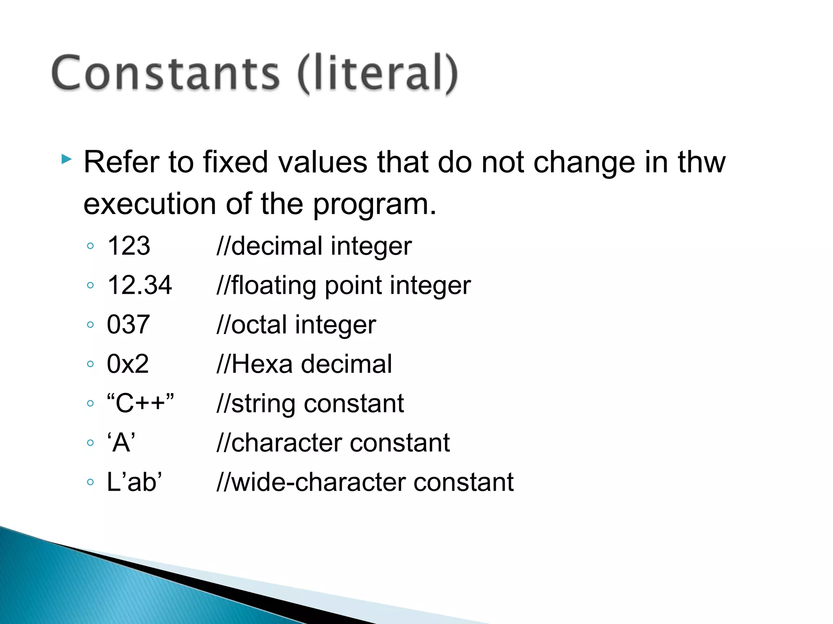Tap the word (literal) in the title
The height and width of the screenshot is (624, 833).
point(377,74)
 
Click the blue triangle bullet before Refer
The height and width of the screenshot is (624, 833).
point(66,159)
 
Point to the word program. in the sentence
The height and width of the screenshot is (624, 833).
point(374,205)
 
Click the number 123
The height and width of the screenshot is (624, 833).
point(129,246)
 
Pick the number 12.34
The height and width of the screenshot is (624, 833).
point(140,285)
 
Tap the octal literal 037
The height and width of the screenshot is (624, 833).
point(129,325)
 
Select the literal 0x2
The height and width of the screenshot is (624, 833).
point(128,364)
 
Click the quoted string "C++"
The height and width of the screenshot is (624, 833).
point(140,403)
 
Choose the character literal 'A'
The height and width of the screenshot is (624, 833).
point(121,442)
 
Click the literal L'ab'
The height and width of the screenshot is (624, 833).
point(134,482)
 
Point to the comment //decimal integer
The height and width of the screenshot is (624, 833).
point(314,246)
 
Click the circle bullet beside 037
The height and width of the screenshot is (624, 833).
point(91,325)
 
